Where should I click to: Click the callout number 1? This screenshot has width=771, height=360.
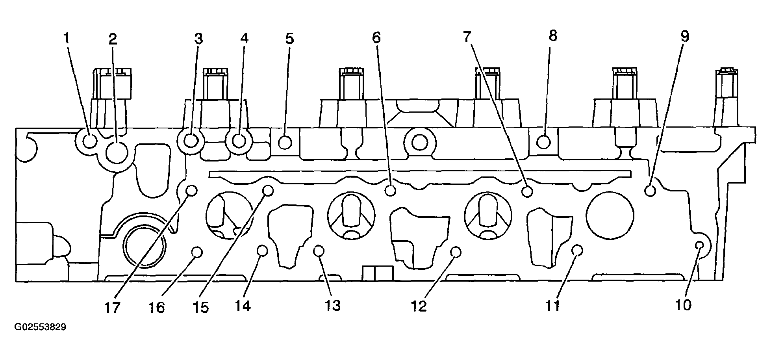point(67,38)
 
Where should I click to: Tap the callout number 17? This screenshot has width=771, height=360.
point(112,308)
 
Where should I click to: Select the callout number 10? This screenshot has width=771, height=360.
point(683,305)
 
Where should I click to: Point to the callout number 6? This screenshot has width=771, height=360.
point(376,38)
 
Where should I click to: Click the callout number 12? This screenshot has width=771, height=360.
point(419,306)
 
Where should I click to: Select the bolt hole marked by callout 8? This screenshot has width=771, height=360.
point(543,141)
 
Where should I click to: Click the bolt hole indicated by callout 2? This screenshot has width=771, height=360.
point(117,152)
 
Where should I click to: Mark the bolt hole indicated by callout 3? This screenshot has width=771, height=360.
point(191,141)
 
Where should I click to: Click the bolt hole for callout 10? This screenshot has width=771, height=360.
point(699,245)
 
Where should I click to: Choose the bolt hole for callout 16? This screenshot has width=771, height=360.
point(196,252)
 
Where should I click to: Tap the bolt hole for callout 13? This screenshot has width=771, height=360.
point(319,250)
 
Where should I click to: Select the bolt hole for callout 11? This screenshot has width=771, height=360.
point(577,250)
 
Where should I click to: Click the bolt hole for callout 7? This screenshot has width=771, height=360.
point(527,192)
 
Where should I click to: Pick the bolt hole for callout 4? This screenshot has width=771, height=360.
point(239,140)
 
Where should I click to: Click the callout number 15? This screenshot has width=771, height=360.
point(200,307)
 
